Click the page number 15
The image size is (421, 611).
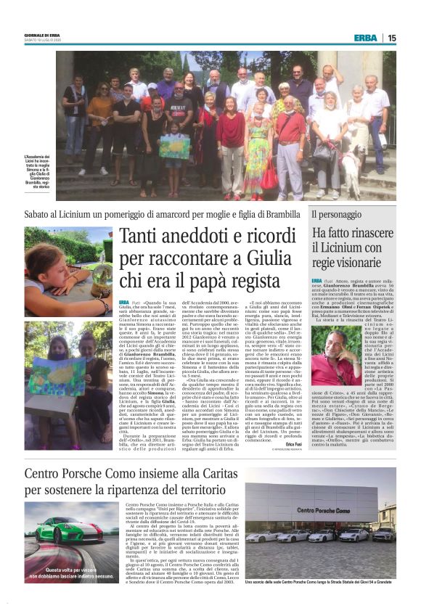point(392,38)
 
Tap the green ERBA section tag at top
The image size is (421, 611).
point(365,38)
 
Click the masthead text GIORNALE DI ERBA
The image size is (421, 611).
point(44,34)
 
